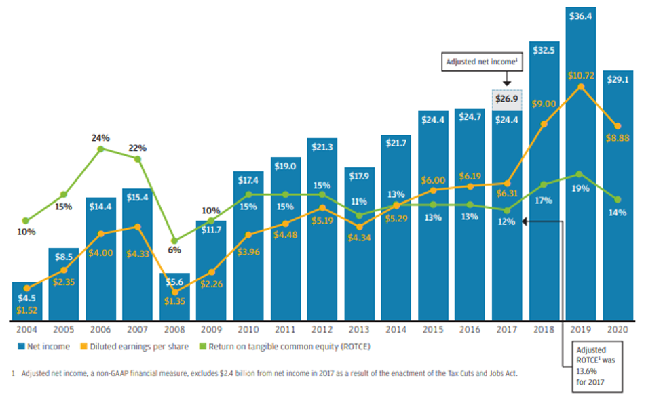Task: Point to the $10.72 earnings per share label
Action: click(x=582, y=76)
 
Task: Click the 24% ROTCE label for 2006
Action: click(x=100, y=137)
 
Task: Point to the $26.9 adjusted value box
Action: click(x=507, y=100)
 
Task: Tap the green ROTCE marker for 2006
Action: click(x=100, y=149)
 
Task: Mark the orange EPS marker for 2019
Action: click(x=580, y=87)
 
